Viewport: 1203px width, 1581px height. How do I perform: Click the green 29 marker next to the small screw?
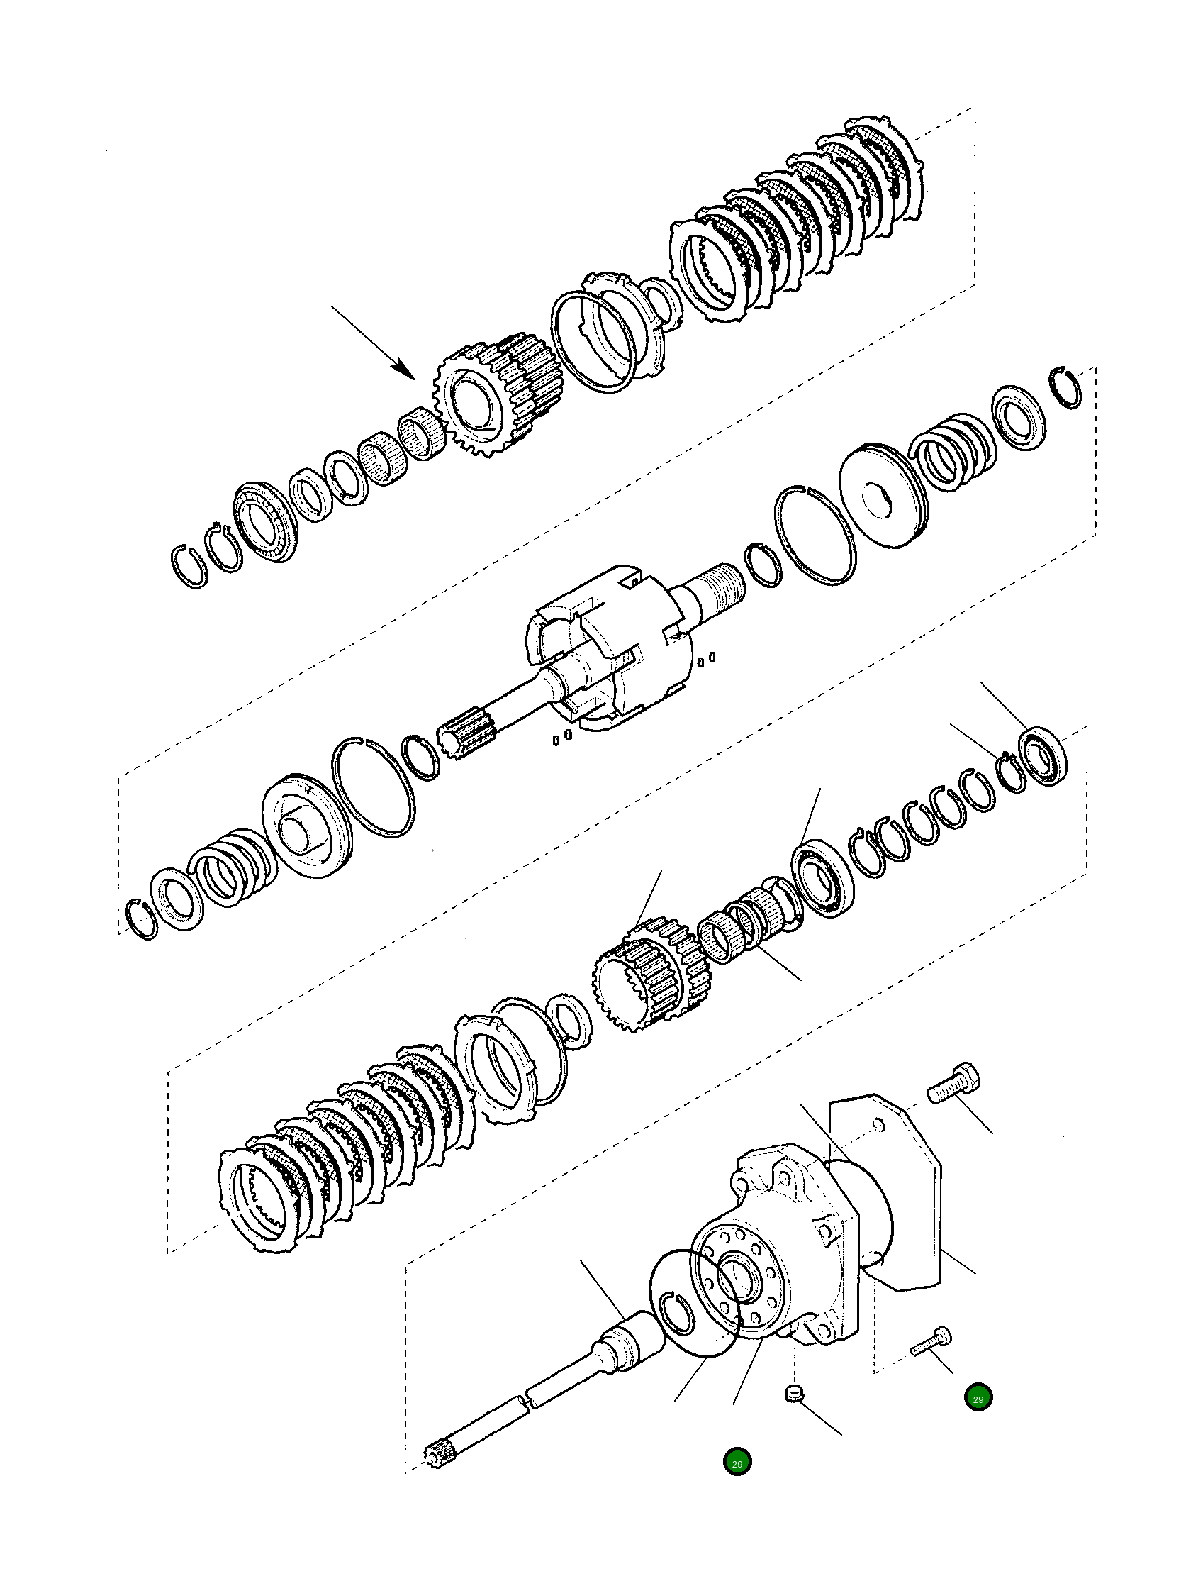[978, 1397]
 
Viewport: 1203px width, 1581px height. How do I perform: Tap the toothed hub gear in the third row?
[651, 977]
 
